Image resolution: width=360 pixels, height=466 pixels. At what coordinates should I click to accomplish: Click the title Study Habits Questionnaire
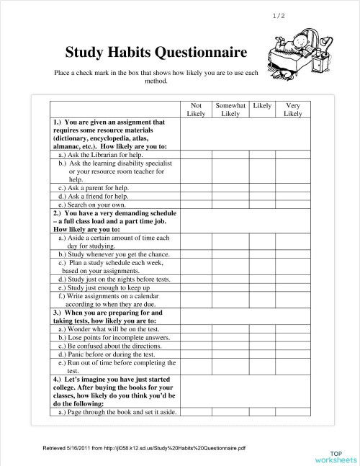156,53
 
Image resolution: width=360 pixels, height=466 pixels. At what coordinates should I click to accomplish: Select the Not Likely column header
196,109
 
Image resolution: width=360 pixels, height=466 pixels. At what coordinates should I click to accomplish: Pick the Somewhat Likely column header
230,109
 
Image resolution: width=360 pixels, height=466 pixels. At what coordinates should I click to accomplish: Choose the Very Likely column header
292,109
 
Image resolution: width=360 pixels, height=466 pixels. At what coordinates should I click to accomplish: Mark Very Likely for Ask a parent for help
292,187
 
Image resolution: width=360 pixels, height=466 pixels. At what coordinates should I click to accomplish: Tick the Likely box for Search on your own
262,205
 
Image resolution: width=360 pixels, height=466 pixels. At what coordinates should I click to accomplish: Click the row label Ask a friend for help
94,196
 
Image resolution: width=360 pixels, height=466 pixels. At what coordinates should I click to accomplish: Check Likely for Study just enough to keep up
262,287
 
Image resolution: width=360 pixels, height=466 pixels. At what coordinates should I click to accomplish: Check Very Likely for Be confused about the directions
292,346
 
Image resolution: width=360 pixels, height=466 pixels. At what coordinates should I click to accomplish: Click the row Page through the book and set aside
108,412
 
